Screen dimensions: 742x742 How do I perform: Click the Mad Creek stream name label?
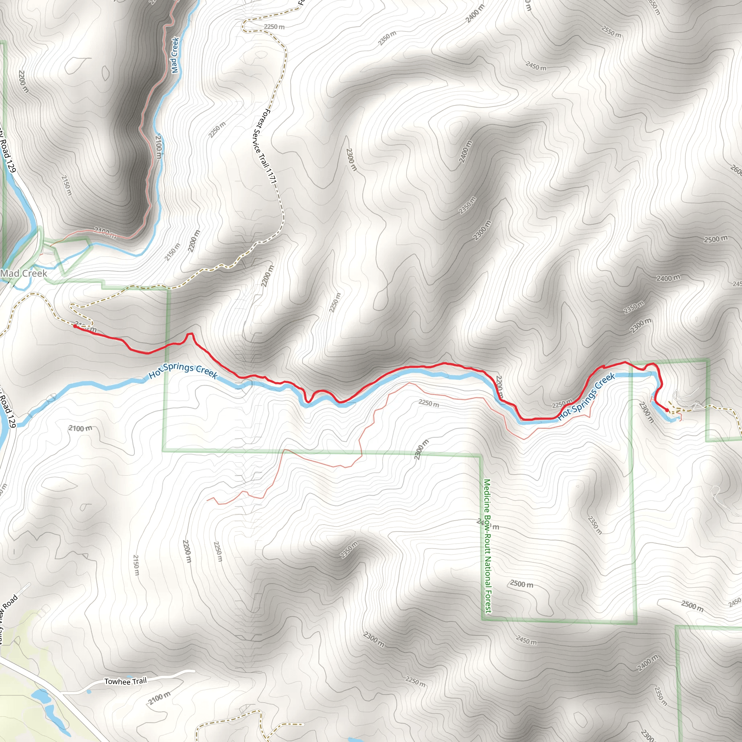tap(175, 55)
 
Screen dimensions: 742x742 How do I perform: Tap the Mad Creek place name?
tap(24, 274)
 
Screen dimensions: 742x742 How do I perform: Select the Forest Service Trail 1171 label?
tap(265, 146)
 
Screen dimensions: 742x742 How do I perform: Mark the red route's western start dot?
tap(75, 326)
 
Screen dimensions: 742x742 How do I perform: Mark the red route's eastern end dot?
tap(667, 410)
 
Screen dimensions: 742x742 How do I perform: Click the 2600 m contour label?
tap(735, 169)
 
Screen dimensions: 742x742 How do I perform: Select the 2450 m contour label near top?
tap(536, 66)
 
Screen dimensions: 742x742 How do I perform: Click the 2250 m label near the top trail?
tap(274, 27)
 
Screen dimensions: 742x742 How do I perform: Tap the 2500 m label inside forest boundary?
tap(522, 584)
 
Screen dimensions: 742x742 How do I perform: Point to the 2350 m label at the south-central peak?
tap(349, 550)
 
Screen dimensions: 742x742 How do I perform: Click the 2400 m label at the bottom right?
tap(648, 663)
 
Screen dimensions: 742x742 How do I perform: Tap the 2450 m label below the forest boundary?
tap(526, 641)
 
